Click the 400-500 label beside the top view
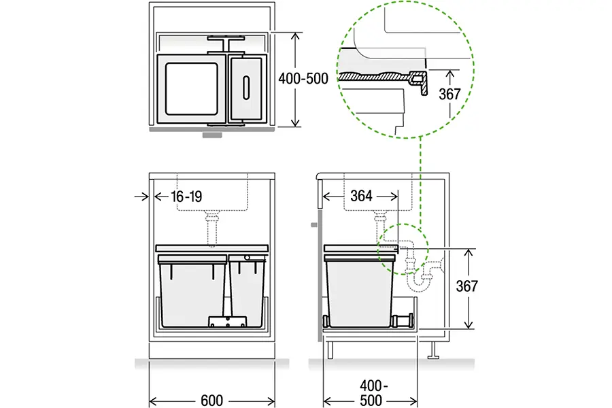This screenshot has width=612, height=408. [x=303, y=78]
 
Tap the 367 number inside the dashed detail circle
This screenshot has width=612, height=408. [x=449, y=94]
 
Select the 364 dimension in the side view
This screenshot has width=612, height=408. [x=361, y=196]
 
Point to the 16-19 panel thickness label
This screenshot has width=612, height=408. [x=186, y=197]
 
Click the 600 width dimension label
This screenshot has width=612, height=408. [x=212, y=401]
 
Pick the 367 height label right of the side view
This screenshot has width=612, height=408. [x=466, y=286]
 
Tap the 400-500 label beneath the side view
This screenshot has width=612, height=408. [x=371, y=393]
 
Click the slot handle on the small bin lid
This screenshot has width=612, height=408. [x=246, y=88]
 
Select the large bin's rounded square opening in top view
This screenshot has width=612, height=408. [x=191, y=89]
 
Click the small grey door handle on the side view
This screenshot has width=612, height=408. [x=314, y=225]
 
